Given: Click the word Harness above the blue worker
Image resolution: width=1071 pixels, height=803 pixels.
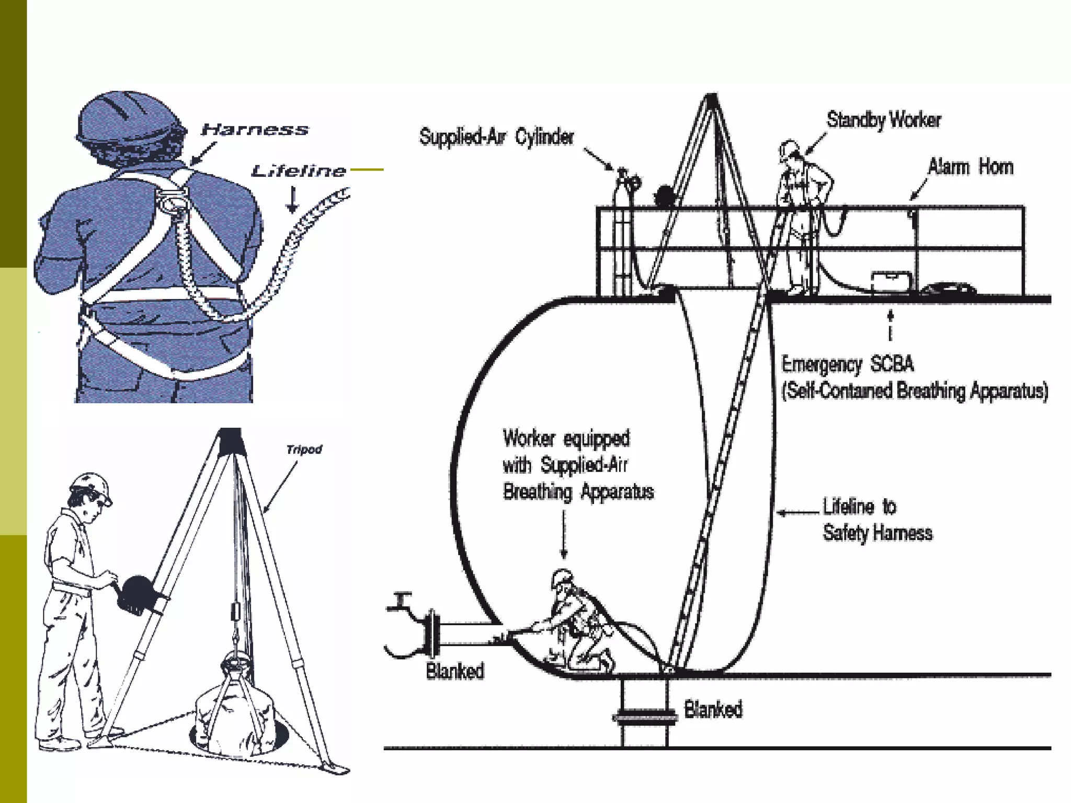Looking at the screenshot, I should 255,130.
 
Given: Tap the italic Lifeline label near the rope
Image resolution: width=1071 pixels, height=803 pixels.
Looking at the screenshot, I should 299,171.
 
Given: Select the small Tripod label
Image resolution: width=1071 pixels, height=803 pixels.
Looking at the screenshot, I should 304,450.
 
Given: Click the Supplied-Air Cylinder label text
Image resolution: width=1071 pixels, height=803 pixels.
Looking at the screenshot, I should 496,137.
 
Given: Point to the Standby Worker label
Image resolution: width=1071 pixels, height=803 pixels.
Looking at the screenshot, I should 883,120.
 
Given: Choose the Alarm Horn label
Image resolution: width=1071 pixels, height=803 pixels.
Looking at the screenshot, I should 970,167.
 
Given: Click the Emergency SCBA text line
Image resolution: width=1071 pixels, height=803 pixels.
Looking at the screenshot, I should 847,364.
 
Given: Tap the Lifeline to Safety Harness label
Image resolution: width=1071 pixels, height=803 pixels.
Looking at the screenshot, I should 877,520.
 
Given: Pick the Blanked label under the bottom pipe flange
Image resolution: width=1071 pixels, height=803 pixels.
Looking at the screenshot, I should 713,709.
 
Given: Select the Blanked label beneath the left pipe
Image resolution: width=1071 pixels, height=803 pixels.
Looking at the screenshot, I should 455,671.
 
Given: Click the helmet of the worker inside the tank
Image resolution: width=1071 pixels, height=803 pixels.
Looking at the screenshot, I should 562,577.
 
